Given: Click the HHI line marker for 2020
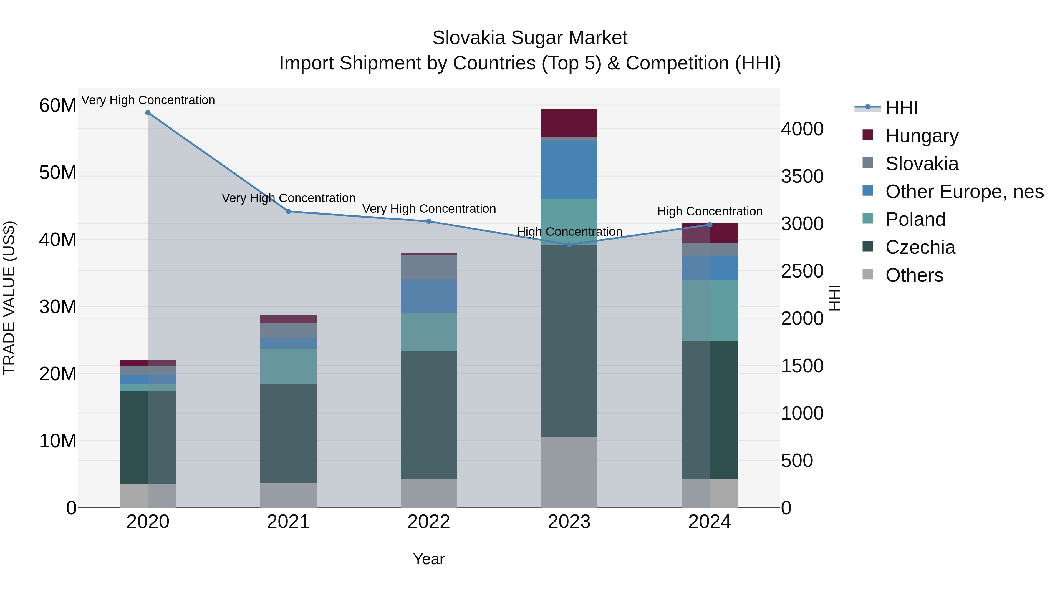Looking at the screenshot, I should [x=148, y=113].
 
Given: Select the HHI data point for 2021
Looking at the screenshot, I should [x=289, y=211].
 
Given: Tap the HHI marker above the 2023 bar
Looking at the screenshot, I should [x=569, y=245].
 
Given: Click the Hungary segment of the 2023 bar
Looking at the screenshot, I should [x=569, y=123].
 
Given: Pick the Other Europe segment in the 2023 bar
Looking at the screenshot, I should [x=569, y=170].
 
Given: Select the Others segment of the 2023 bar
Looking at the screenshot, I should [x=569, y=472].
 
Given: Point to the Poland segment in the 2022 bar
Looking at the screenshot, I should [x=429, y=331].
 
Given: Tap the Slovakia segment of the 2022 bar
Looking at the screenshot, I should [x=429, y=267].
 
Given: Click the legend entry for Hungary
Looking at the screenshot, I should [x=922, y=136].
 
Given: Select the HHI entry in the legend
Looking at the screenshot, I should [x=901, y=108].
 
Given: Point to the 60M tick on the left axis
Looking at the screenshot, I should [x=58, y=106].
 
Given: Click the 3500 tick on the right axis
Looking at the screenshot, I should [x=802, y=177].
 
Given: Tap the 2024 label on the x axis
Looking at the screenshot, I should [x=709, y=522].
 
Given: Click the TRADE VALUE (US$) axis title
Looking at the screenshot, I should [x=9, y=298].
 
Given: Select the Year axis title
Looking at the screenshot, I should [x=428, y=559].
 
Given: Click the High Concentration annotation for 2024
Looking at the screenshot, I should [x=709, y=211].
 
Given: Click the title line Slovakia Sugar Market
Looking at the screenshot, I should [x=530, y=38].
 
